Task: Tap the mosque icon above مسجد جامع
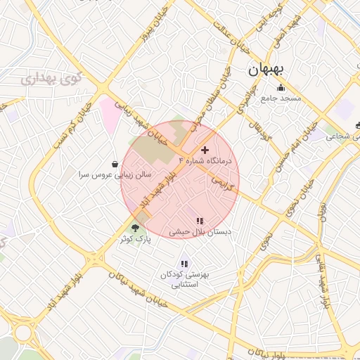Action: (x=281, y=88)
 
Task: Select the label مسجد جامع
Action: (x=281, y=98)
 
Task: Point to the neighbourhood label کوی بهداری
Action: (x=49, y=78)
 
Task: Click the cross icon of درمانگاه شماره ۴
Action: (x=205, y=150)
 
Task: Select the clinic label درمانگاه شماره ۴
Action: (x=210, y=161)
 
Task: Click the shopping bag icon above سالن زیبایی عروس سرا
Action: (x=115, y=163)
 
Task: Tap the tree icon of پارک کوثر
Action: (x=135, y=227)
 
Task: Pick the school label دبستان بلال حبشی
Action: (x=200, y=231)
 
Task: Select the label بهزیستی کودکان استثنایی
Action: (x=185, y=280)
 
